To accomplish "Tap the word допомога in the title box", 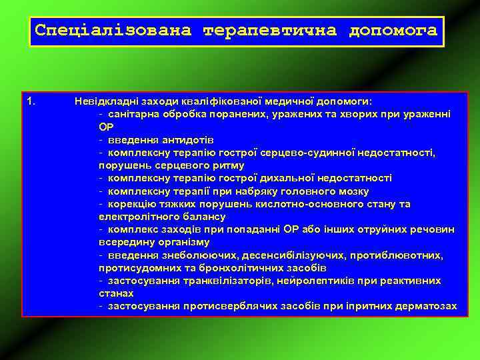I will tap(393, 31).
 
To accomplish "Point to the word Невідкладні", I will tap(103, 101).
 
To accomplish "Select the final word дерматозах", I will tap(424, 306).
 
